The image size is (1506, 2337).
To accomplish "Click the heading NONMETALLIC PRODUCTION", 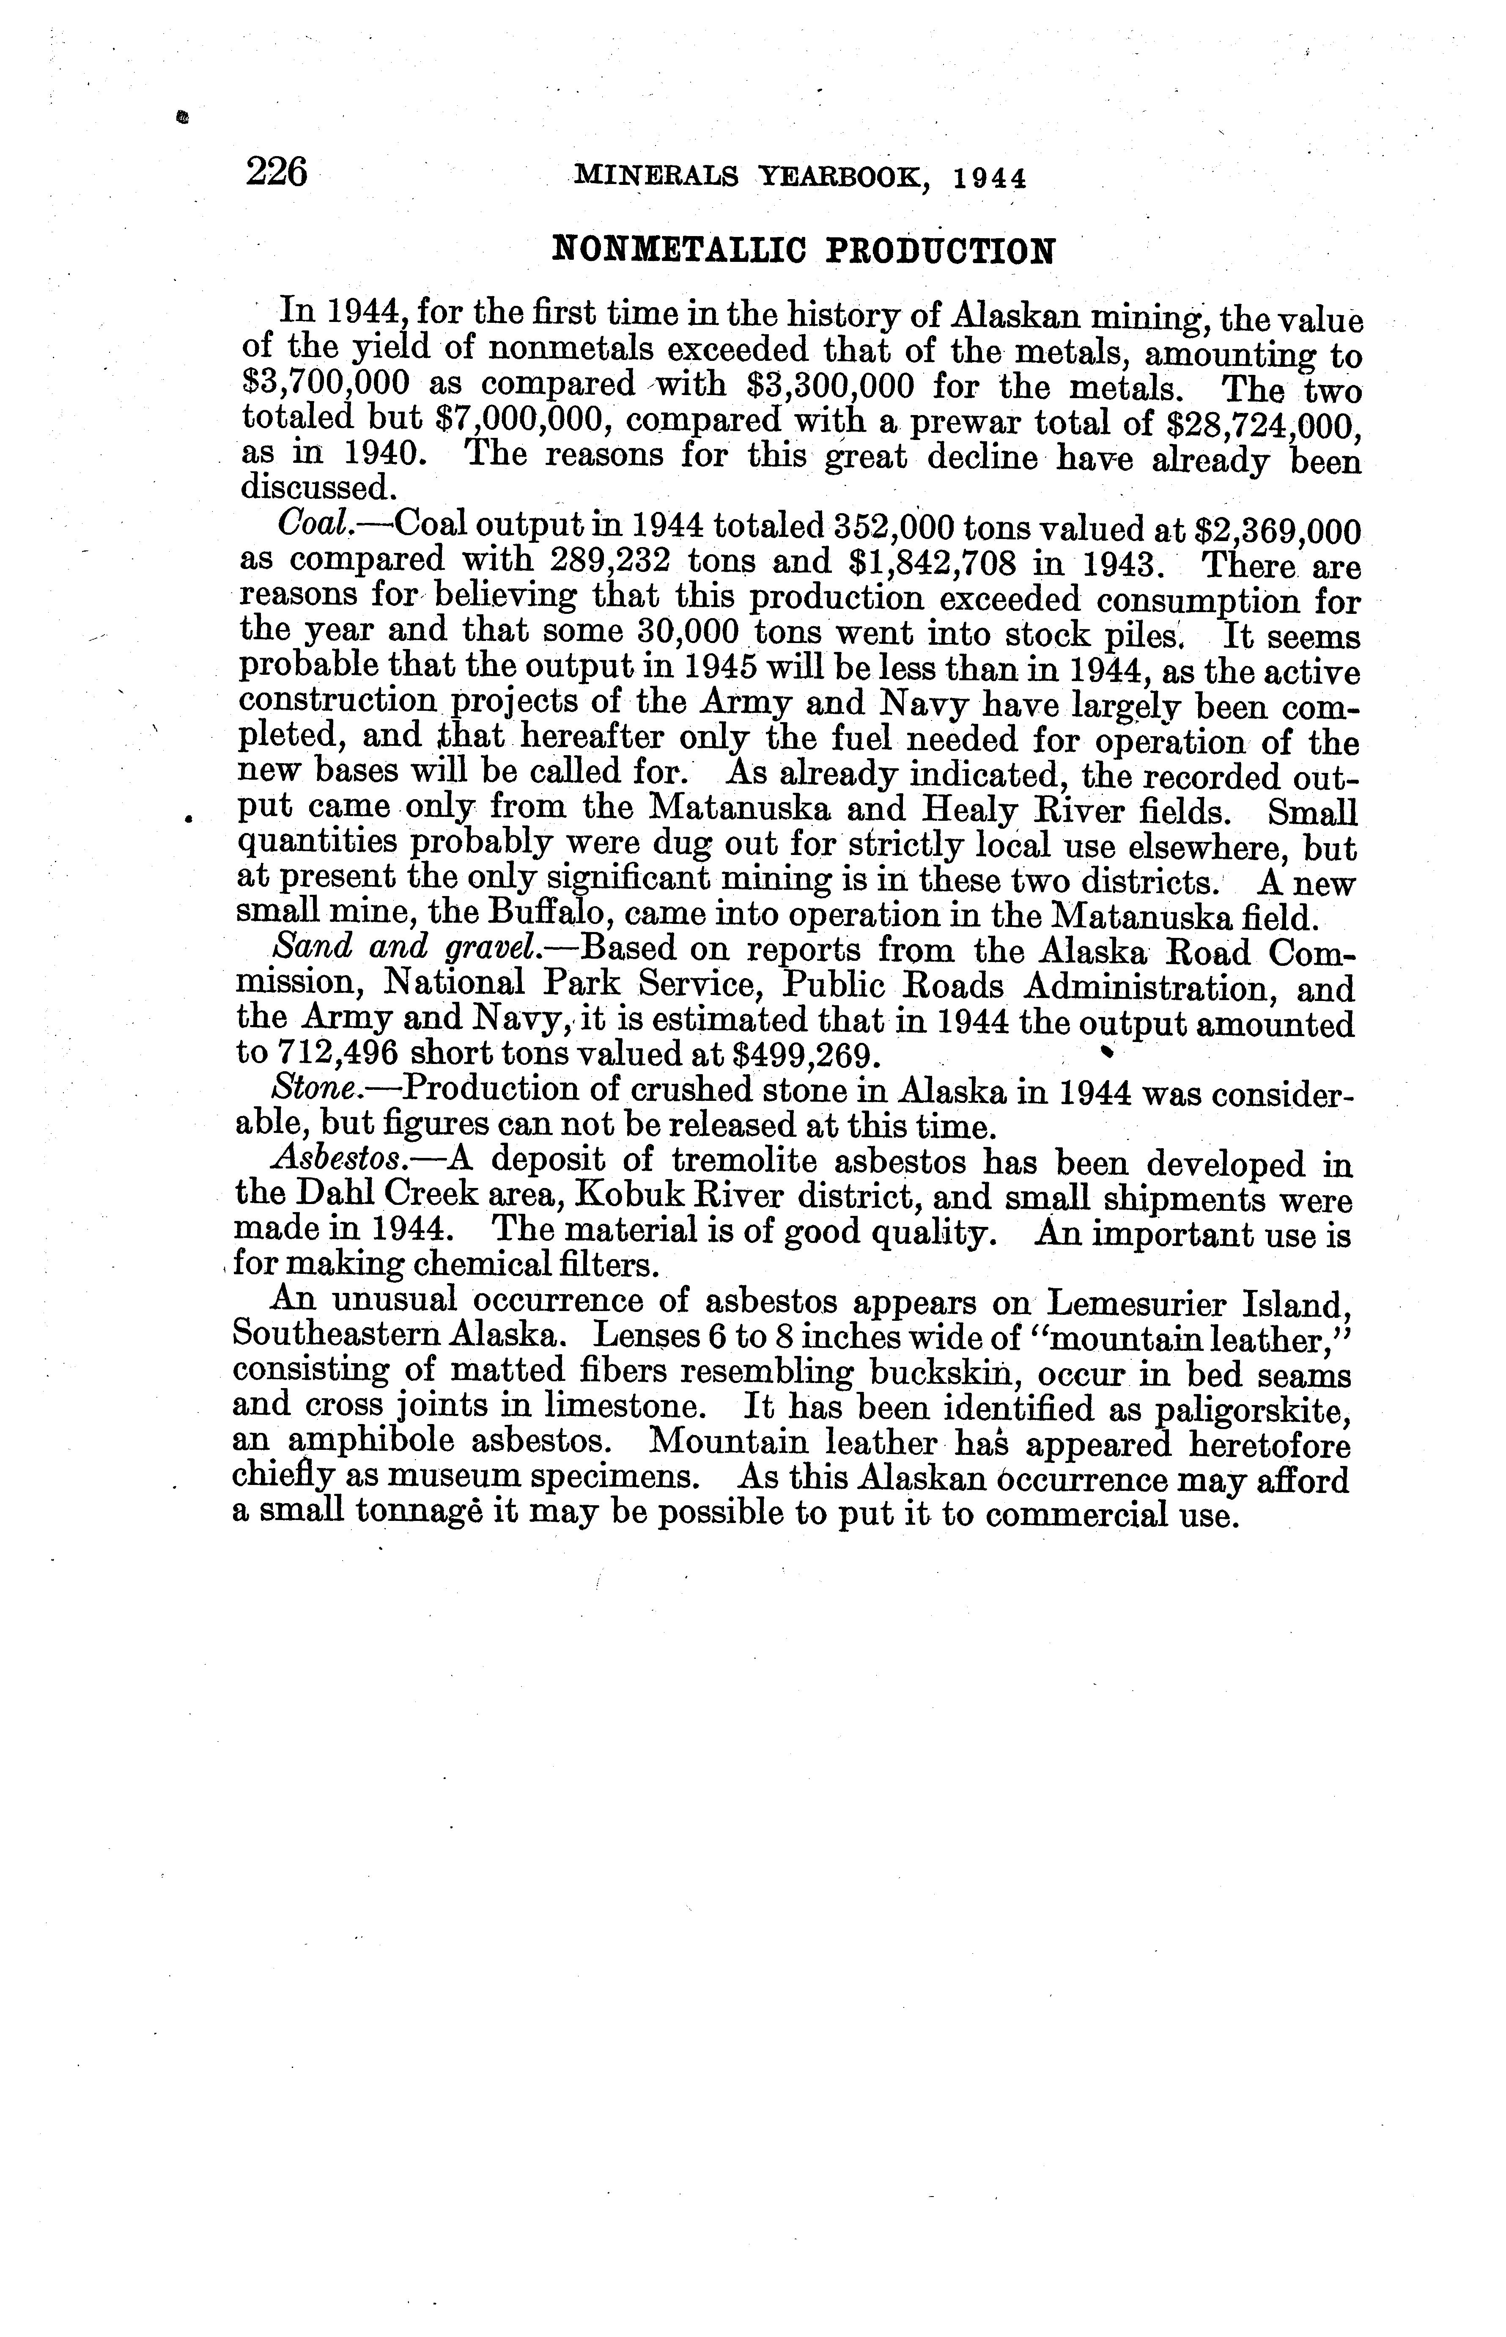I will point(804,250).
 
